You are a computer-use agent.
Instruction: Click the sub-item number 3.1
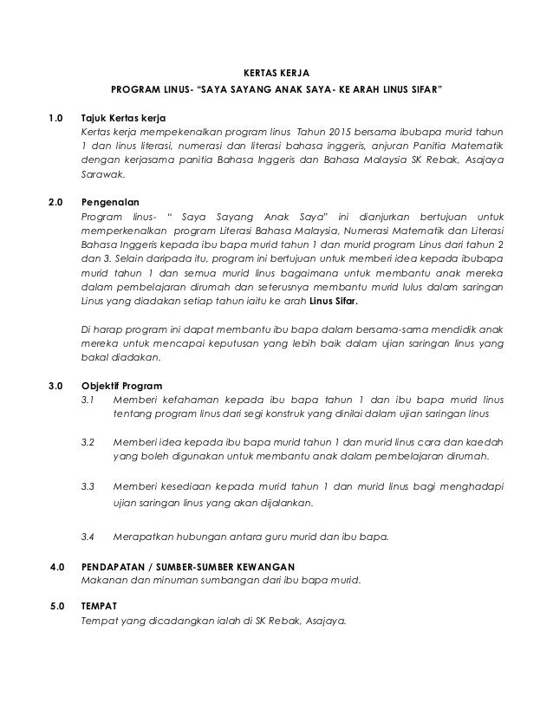click(88, 401)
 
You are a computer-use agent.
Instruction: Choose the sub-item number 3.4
click(88, 537)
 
